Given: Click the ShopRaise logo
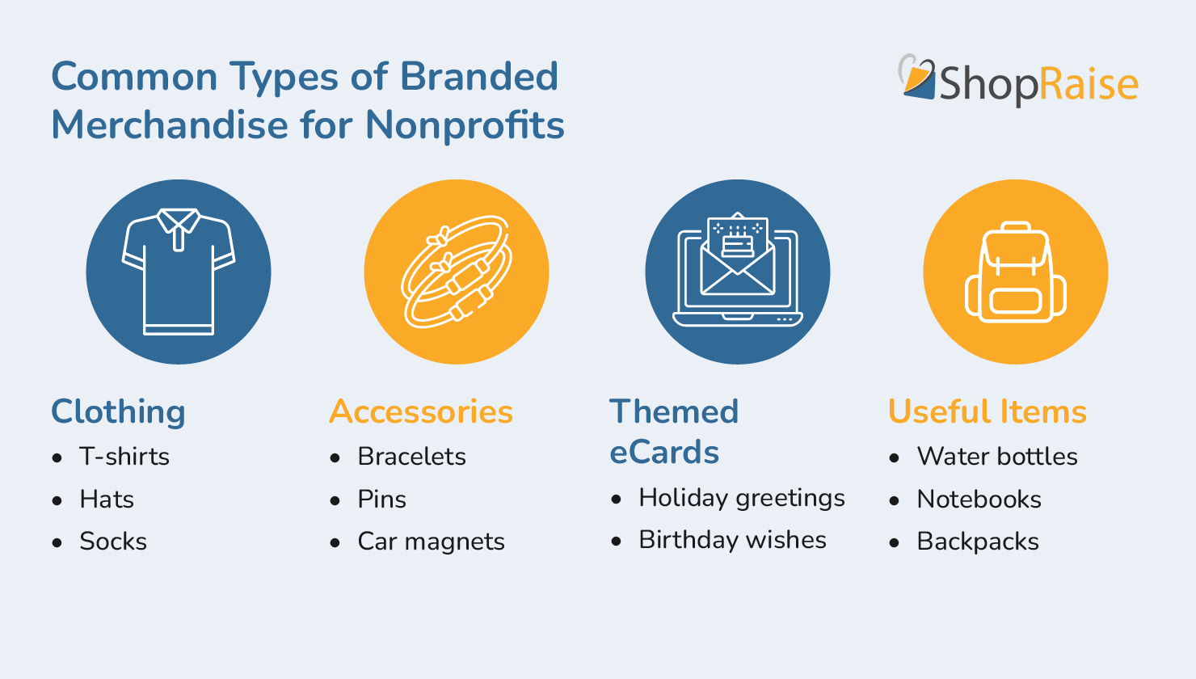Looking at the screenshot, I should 1018,81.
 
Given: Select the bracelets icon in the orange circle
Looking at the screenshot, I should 457,272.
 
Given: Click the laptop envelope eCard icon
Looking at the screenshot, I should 737,272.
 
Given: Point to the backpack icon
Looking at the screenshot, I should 1016,272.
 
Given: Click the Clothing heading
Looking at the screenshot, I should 118,411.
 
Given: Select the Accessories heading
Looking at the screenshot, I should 421,411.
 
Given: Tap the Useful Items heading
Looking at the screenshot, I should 987,411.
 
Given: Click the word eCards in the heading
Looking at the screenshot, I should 663,453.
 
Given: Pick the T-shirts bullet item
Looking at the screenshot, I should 124,457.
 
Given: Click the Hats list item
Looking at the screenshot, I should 107,500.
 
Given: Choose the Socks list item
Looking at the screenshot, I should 113,542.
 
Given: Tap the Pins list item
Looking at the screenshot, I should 381,500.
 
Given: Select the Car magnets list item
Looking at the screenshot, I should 431,542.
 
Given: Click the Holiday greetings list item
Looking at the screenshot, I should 741,498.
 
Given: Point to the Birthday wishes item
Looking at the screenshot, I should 732,540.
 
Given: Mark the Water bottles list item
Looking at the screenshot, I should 996,457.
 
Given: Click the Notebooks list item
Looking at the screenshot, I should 979,500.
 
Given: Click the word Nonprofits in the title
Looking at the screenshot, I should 465,125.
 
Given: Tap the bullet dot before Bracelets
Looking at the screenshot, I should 335,458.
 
